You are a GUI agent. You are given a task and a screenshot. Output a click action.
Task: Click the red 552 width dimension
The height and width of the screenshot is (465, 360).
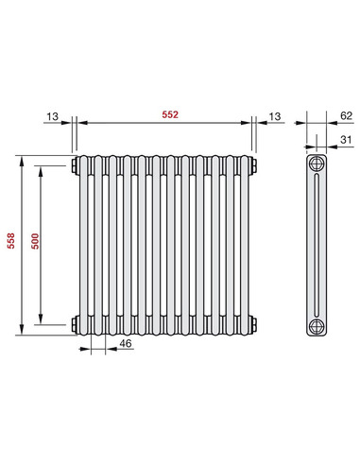(x=168, y=114)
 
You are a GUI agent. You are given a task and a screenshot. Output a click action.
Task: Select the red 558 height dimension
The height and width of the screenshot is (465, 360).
(x=11, y=241)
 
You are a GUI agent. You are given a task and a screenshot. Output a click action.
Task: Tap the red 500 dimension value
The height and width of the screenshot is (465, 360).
(x=35, y=242)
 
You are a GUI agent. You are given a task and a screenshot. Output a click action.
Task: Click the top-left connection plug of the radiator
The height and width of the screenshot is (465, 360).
(x=74, y=166)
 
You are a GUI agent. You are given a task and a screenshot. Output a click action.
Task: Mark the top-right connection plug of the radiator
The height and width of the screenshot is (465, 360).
(x=255, y=166)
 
